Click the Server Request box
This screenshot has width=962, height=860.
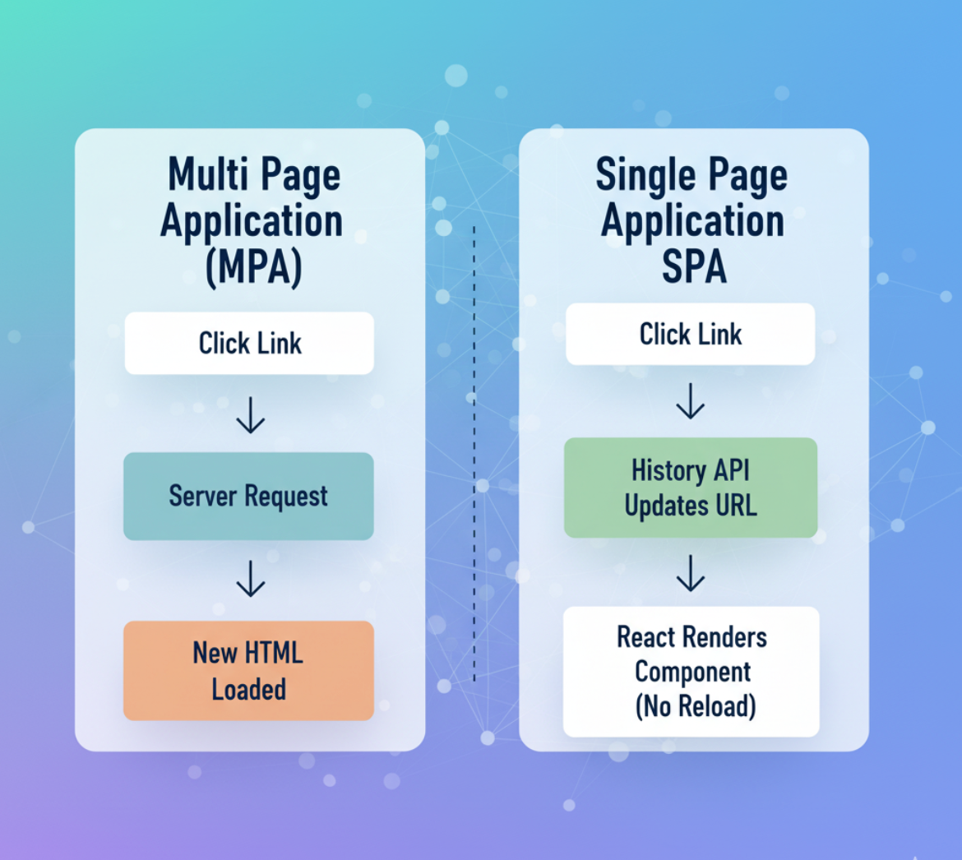point(248,496)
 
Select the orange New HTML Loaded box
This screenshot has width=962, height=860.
point(248,670)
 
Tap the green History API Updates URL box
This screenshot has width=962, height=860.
point(691,488)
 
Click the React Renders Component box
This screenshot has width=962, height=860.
point(691,671)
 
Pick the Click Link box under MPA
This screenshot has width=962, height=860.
point(249,343)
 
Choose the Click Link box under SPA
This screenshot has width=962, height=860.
point(690,334)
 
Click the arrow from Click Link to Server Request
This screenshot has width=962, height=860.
point(250,416)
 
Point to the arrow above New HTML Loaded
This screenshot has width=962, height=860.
point(250,580)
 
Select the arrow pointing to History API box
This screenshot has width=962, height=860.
point(690,401)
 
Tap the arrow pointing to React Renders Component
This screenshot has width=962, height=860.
point(690,573)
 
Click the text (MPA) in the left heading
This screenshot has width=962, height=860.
point(253,267)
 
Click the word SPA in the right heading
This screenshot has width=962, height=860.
point(694,266)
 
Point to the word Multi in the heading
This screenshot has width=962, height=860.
point(202,176)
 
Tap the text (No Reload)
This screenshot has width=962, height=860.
point(695,706)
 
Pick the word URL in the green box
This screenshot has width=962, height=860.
point(732,506)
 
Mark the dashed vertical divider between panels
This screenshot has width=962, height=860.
point(474,452)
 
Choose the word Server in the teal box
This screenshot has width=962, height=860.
point(199,496)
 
